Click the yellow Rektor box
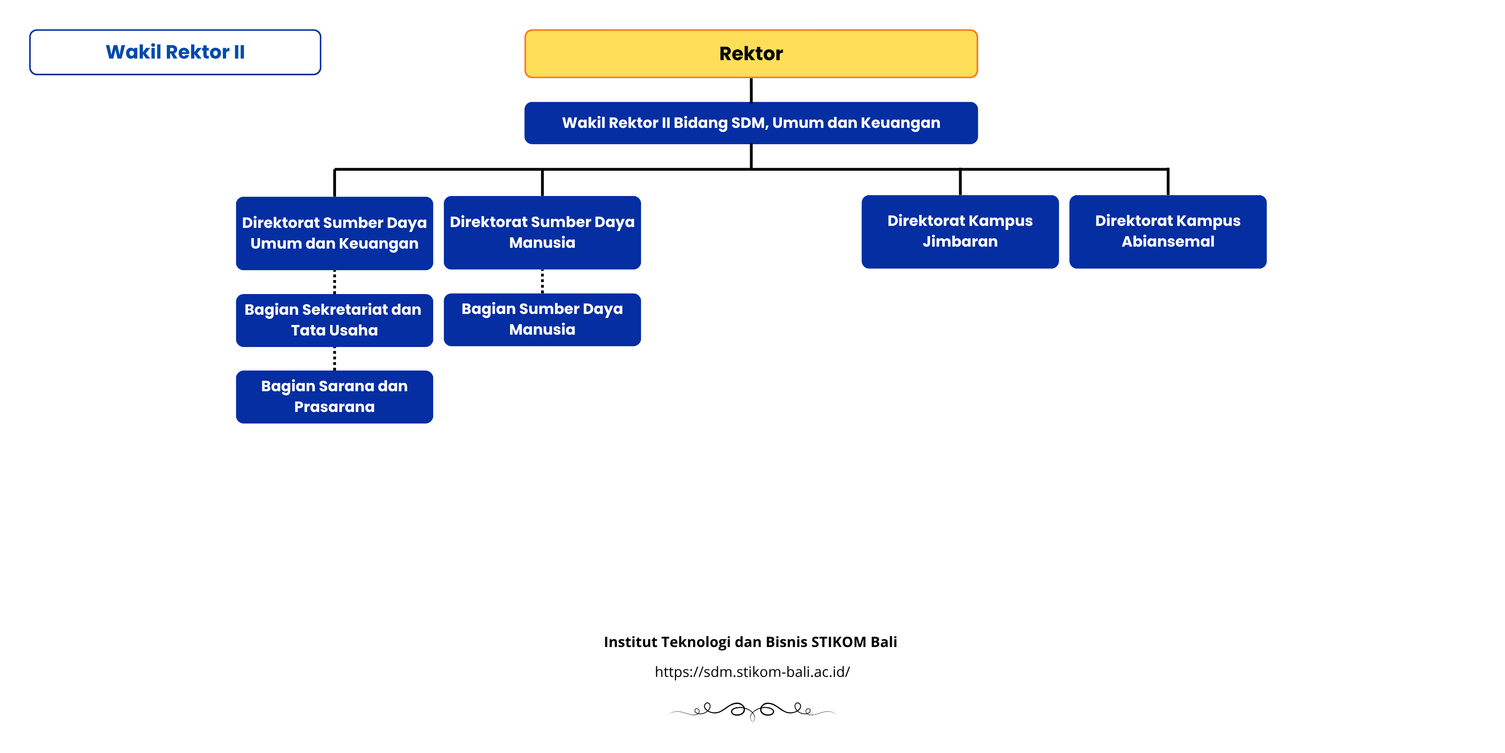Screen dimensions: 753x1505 point(751,54)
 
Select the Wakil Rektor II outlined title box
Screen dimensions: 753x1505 point(175,52)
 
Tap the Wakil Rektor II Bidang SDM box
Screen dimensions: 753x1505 point(751,123)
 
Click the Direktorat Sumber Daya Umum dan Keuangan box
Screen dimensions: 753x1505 point(334,233)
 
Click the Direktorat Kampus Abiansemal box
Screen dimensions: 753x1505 point(1167,231)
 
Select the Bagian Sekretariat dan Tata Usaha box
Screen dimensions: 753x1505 point(334,320)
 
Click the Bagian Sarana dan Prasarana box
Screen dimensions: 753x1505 point(334,397)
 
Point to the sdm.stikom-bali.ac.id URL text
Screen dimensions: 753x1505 point(752,672)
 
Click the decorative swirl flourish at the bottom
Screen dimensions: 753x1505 point(752,710)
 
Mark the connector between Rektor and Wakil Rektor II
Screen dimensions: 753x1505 point(751,90)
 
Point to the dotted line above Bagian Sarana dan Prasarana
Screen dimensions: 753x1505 point(334,359)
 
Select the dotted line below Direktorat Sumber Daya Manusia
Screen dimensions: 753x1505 point(542,281)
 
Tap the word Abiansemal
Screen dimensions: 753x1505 point(1167,241)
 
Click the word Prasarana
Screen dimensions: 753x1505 point(334,407)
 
